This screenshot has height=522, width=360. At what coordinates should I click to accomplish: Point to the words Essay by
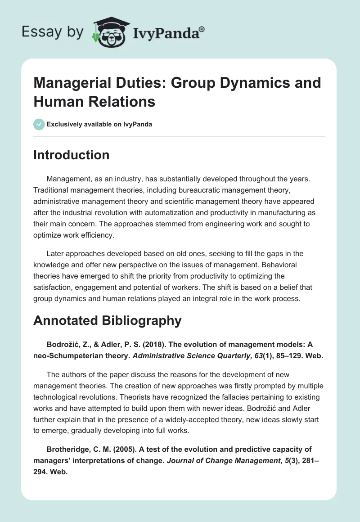click(x=53, y=32)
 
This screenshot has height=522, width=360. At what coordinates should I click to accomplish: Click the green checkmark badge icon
click(x=39, y=124)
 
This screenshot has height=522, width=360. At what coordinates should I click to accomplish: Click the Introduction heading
click(x=71, y=155)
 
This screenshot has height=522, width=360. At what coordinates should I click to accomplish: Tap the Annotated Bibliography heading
click(x=108, y=320)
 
